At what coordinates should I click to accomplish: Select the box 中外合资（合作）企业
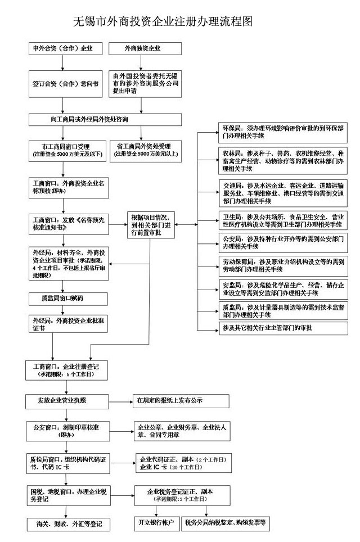(67, 49)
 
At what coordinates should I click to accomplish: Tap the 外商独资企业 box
(145, 49)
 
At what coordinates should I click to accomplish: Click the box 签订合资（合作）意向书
(67, 82)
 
